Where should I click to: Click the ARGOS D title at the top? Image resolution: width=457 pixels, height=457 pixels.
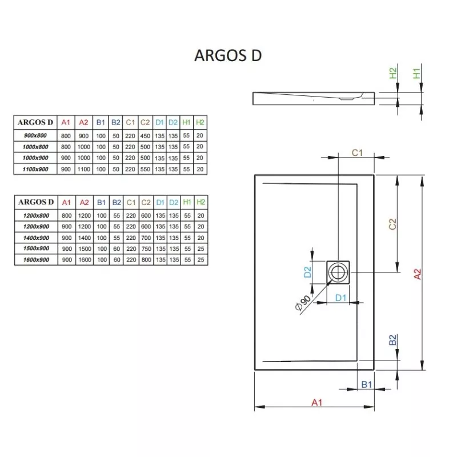click(228, 55)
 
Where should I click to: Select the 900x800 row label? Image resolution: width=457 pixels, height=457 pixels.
click(35, 135)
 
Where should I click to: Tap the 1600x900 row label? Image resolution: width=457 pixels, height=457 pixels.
click(36, 260)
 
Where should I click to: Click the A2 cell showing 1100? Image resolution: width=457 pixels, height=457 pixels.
click(83, 169)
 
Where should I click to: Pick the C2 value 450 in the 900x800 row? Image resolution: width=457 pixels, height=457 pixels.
click(145, 136)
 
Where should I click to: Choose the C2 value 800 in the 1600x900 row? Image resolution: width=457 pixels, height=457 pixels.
click(146, 260)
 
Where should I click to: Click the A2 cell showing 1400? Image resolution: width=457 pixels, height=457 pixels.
click(85, 238)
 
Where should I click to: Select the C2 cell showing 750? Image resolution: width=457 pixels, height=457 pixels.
click(146, 248)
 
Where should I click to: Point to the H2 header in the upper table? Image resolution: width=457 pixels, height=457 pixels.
click(200, 122)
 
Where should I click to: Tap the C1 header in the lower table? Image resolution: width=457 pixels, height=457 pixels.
click(131, 202)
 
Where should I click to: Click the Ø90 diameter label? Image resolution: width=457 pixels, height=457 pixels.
click(303, 303)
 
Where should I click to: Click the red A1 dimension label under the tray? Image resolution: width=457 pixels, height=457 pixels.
click(317, 403)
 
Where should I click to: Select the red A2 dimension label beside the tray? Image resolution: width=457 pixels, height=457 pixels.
click(418, 274)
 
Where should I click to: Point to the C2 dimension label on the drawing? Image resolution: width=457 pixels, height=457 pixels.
click(392, 224)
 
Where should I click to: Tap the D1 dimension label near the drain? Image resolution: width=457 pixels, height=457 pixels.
click(340, 298)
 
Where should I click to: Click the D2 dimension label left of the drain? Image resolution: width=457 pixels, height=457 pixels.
click(307, 272)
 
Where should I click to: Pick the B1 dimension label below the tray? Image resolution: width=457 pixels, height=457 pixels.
click(367, 384)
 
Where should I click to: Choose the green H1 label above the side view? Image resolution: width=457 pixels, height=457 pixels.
click(417, 73)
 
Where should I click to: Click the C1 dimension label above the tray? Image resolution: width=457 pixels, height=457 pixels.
click(358, 153)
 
